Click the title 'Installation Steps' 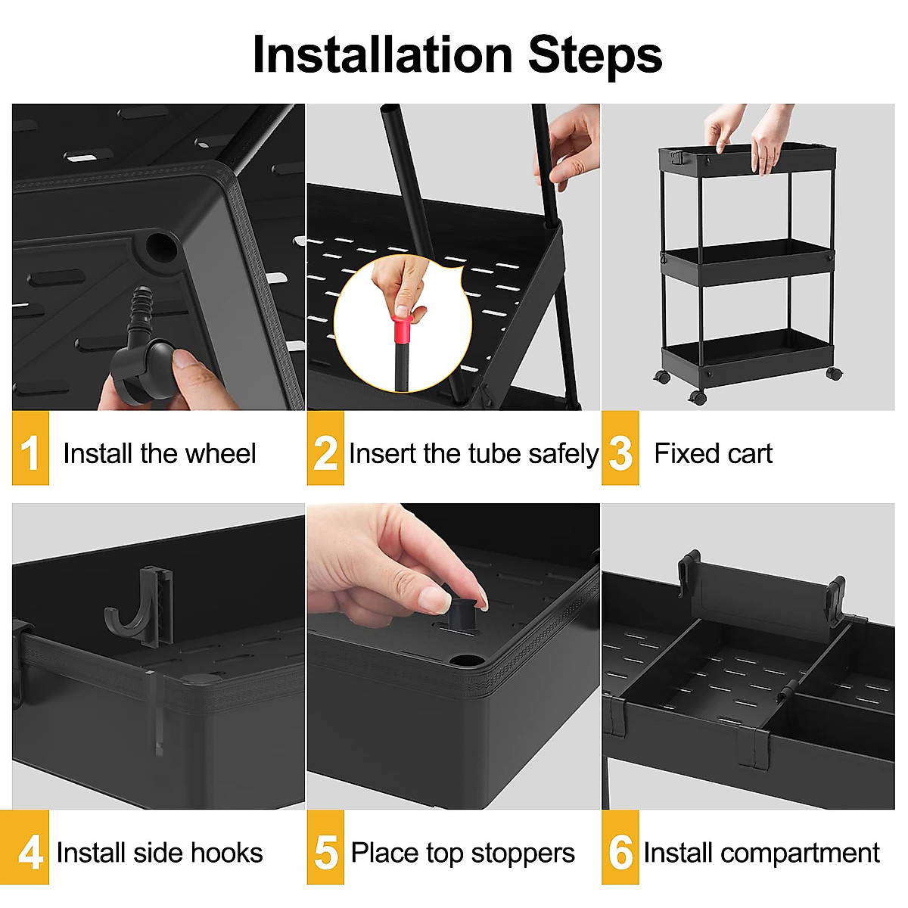tap(457, 55)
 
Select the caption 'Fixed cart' tap(713, 454)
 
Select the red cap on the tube tap(402, 330)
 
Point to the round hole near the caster tap(161, 246)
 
